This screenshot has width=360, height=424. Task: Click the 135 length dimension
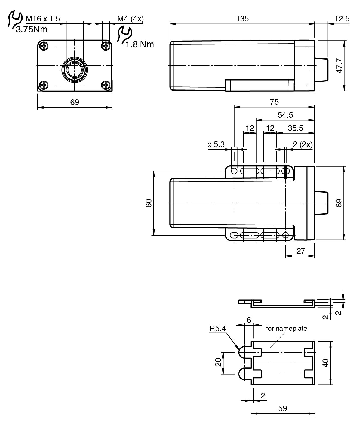(242, 19)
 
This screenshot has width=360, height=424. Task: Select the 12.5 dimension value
(342, 19)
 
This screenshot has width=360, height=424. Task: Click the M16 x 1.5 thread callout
(43, 19)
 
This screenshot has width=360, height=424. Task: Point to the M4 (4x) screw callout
(130, 19)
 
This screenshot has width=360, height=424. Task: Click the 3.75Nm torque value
(31, 29)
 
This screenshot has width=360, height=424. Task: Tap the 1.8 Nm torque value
(140, 44)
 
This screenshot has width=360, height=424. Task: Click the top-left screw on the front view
(44, 46)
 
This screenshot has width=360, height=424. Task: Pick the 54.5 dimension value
(285, 115)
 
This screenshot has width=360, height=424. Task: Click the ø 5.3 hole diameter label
(216, 144)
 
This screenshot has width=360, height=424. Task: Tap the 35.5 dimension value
(295, 128)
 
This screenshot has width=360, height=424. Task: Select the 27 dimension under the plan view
(301, 251)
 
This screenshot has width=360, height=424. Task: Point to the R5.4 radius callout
(217, 329)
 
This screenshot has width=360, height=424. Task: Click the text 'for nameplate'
(286, 329)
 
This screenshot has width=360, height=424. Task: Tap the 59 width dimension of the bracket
(282, 408)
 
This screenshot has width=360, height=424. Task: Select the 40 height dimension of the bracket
(325, 363)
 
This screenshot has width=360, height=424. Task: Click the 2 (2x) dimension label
(303, 144)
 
